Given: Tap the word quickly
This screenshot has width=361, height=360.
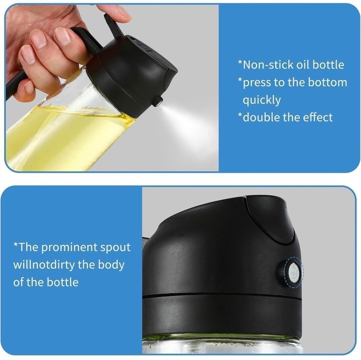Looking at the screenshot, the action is coord(262,101).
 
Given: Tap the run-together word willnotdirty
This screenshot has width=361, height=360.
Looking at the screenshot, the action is coord(44,265).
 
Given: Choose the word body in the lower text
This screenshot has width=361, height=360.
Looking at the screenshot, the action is coord(111,265).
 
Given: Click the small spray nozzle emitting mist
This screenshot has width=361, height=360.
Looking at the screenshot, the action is coord(157,101).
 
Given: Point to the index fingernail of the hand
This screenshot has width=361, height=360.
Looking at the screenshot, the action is coord(62,36).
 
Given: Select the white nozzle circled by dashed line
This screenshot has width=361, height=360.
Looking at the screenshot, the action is coord(292,273).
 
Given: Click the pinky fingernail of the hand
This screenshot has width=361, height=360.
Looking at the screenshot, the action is coord(28,87).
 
